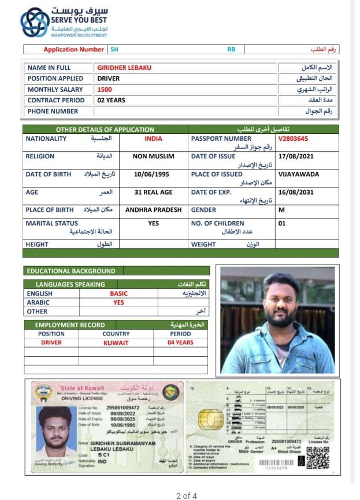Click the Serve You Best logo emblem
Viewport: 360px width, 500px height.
[x=35, y=22]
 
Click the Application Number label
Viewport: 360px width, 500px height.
[x=73, y=50]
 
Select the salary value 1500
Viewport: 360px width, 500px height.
[x=105, y=89]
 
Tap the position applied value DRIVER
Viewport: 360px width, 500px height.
[x=109, y=79]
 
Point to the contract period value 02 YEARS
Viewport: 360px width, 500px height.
[x=111, y=100]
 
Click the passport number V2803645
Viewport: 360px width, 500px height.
[x=293, y=139]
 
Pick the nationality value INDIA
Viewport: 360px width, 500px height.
[x=154, y=139]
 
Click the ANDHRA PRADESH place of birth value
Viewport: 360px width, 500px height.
[x=154, y=210]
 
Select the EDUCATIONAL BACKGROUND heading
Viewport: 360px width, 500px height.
[x=71, y=271]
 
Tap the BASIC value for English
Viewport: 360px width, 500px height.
[x=118, y=293]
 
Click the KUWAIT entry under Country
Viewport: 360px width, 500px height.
[x=116, y=342]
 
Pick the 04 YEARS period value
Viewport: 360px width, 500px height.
[x=180, y=342]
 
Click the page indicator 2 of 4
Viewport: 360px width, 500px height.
[x=187, y=495]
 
